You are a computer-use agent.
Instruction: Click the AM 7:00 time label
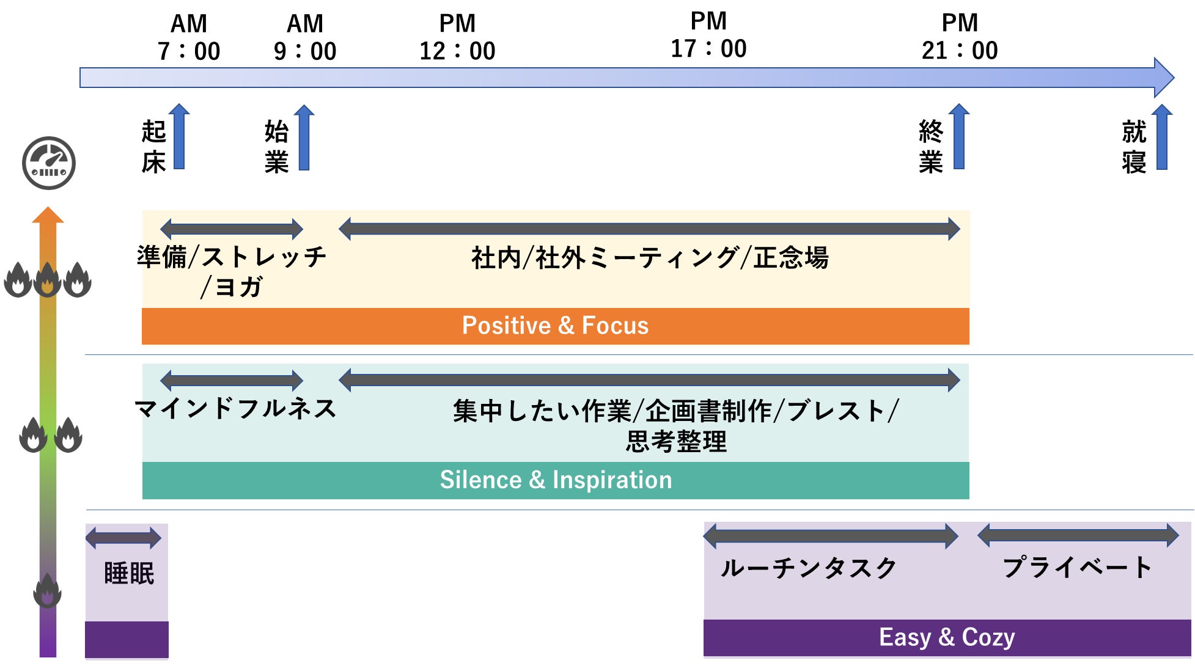pyautogui.click(x=188, y=38)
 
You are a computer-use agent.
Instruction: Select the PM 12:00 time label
pyautogui.click(x=457, y=38)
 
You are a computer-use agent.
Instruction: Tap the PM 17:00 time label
pyautogui.click(x=708, y=35)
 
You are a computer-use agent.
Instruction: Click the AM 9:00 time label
pyautogui.click(x=305, y=38)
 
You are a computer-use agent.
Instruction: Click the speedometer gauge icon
pyautogui.click(x=49, y=163)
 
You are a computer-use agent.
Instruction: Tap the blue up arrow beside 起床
pyautogui.click(x=179, y=137)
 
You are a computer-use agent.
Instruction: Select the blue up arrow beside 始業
pyautogui.click(x=304, y=137)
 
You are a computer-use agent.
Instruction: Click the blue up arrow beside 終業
pyautogui.click(x=959, y=136)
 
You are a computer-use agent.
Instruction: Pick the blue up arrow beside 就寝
pyautogui.click(x=1162, y=137)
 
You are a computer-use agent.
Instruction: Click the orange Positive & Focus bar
pyautogui.click(x=555, y=326)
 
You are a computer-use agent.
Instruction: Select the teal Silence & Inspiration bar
pyautogui.click(x=555, y=480)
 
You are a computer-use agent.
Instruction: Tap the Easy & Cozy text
pyautogui.click(x=947, y=637)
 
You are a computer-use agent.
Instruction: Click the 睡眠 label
pyautogui.click(x=129, y=574)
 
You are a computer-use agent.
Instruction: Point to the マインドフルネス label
pyautogui.click(x=236, y=409)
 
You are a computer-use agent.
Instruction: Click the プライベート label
pyautogui.click(x=1077, y=568)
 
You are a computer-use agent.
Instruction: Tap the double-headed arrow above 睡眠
pyautogui.click(x=123, y=538)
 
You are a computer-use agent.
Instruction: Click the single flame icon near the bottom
pyautogui.click(x=47, y=591)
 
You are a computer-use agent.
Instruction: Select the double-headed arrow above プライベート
pyautogui.click(x=1078, y=535)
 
